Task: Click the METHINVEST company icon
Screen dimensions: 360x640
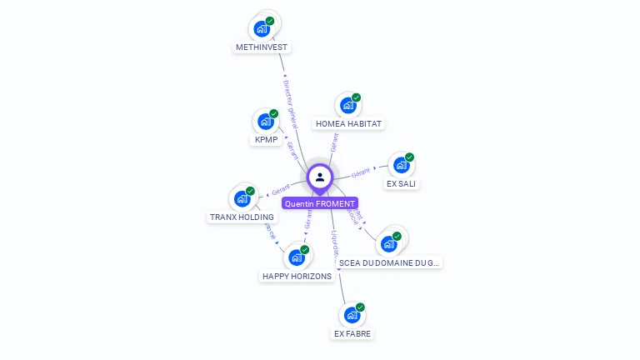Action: click(262, 28)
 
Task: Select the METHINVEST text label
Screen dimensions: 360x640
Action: click(262, 47)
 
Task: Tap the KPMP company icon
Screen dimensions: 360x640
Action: click(266, 121)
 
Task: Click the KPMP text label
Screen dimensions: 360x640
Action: click(265, 140)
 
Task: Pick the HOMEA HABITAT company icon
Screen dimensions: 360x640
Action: click(348, 106)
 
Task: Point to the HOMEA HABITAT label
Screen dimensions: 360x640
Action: click(348, 124)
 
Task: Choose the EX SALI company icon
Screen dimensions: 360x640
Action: click(402, 165)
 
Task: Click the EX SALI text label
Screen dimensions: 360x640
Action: click(402, 183)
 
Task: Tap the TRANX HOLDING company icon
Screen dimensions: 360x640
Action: click(242, 198)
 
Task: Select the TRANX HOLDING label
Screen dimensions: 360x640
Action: click(241, 217)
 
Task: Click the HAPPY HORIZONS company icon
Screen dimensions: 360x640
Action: click(297, 257)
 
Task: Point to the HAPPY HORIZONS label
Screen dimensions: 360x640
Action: click(297, 277)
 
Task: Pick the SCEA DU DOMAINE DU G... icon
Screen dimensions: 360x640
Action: click(389, 243)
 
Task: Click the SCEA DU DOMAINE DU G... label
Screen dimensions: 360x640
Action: click(389, 262)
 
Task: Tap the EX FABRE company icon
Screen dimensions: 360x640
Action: click(352, 315)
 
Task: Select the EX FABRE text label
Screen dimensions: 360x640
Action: click(352, 334)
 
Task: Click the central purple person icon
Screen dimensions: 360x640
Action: click(320, 177)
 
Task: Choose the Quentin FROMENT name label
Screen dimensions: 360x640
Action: click(320, 203)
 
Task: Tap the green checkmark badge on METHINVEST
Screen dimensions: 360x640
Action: click(270, 21)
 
